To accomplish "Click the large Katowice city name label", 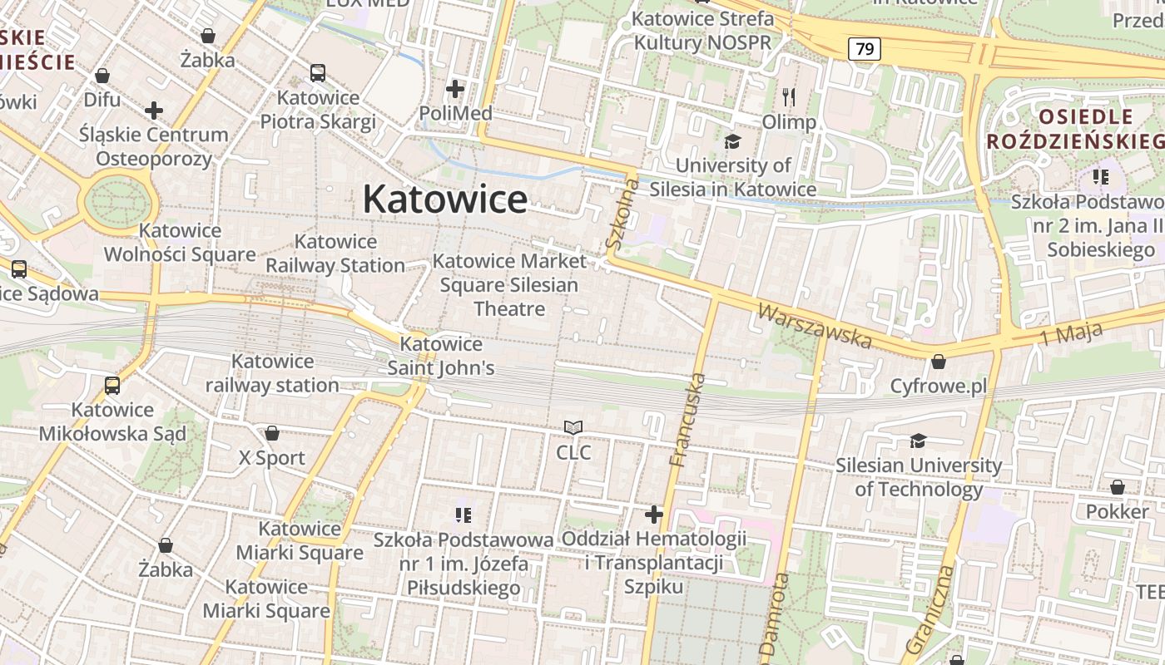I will click(444, 199).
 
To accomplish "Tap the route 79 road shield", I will click(865, 49).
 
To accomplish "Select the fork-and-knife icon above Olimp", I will click(789, 97).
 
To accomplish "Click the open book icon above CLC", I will click(573, 428).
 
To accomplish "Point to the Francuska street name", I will click(687, 420).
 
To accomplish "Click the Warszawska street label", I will click(815, 326).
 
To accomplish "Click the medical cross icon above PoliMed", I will click(455, 88).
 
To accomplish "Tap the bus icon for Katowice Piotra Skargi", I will click(318, 73).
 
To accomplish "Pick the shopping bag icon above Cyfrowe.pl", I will click(938, 362).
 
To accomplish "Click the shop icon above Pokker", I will click(1117, 487).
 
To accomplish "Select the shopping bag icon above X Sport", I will click(271, 433).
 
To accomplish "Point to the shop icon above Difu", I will click(102, 76).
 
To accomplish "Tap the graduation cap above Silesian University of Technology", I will click(918, 441).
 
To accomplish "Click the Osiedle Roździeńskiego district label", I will click(1073, 128).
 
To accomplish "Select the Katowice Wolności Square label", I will click(180, 243).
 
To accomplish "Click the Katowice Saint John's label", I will click(441, 356).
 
